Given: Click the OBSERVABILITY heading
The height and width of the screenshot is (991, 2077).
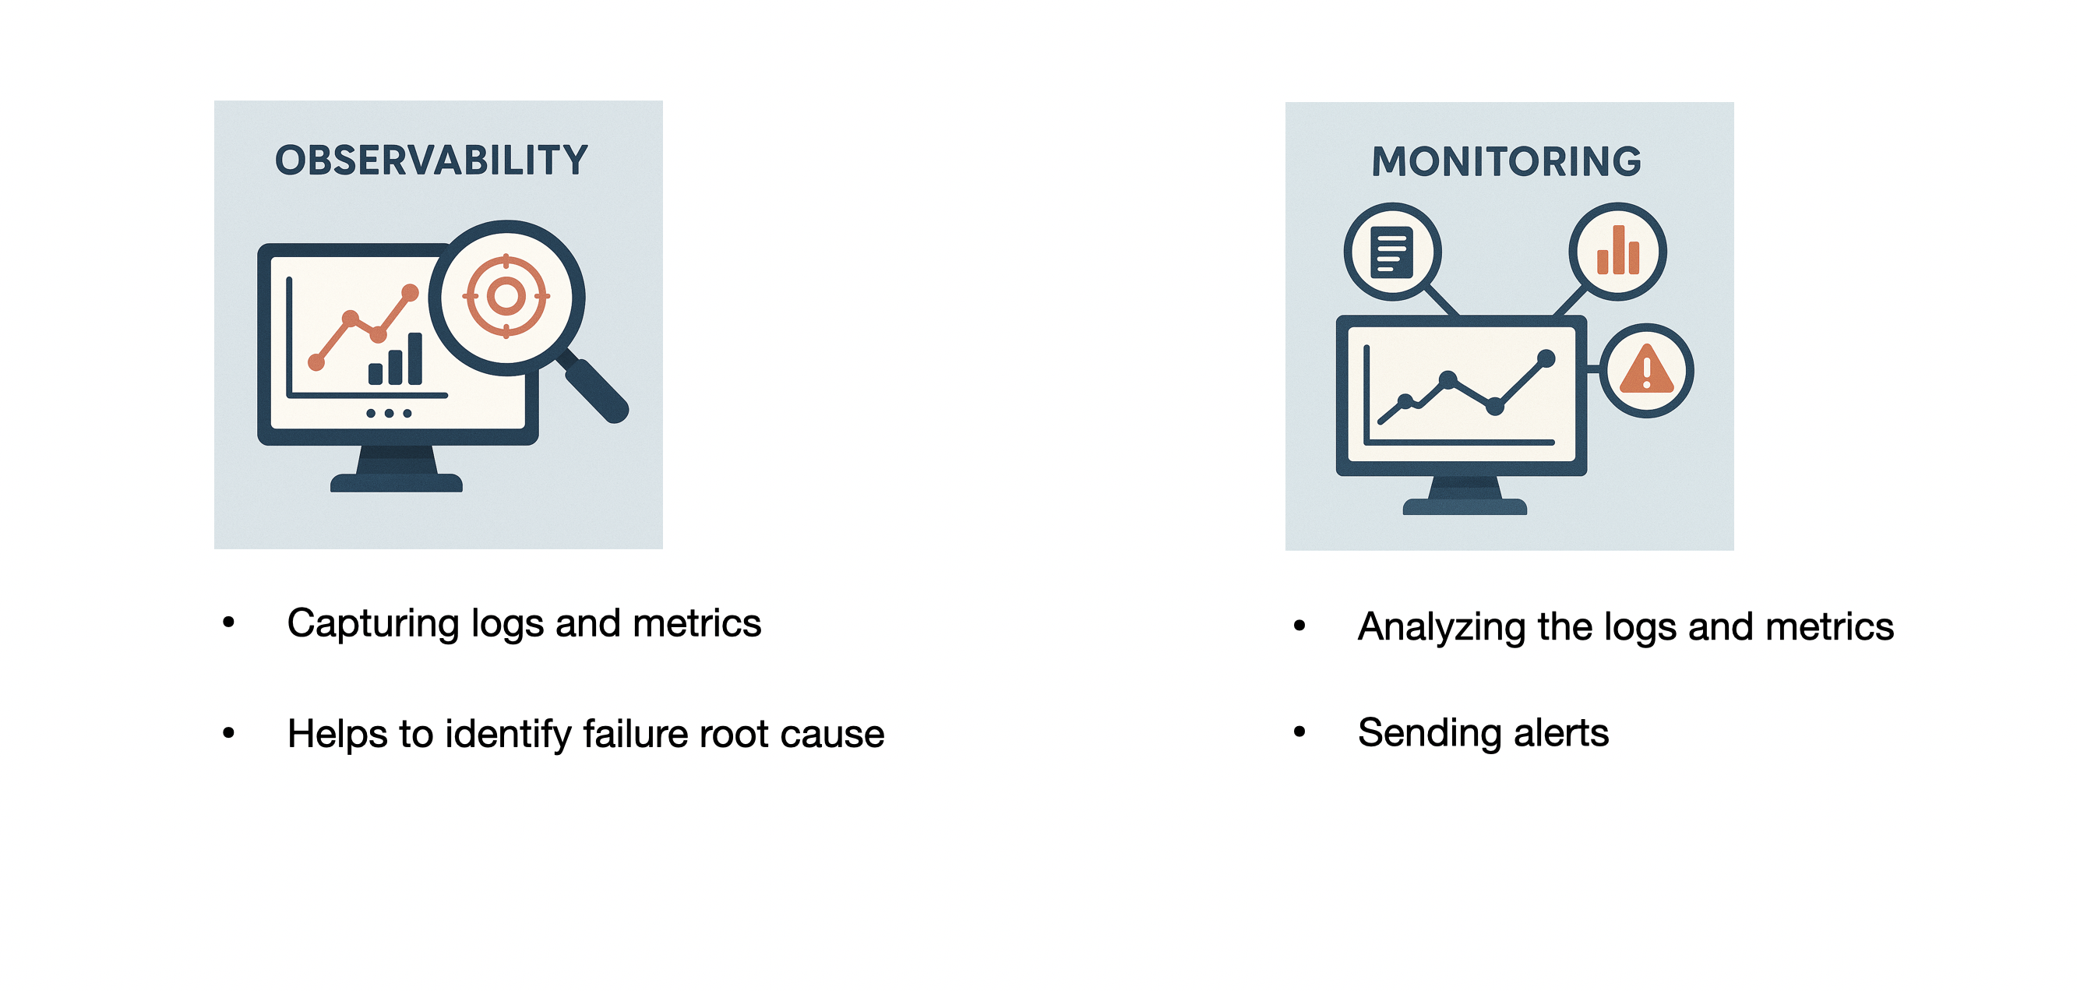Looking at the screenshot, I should pyautogui.click(x=432, y=160).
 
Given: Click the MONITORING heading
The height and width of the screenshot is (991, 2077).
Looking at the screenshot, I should pyautogui.click(x=1506, y=162).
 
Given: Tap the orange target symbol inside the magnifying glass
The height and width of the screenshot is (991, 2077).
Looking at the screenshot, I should pyautogui.click(x=506, y=296).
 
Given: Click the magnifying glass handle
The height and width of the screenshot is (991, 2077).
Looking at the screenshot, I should pyautogui.click(x=596, y=390).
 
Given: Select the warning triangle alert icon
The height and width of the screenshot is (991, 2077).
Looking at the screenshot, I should pyautogui.click(x=1646, y=371).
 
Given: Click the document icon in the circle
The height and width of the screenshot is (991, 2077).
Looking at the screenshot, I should pyautogui.click(x=1391, y=252).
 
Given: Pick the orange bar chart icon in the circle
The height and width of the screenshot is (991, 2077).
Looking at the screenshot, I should pyautogui.click(x=1617, y=252).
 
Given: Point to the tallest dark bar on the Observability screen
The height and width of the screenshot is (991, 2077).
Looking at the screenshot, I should pyautogui.click(x=415, y=359).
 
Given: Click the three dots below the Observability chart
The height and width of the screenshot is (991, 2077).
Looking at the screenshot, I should pyautogui.click(x=389, y=414).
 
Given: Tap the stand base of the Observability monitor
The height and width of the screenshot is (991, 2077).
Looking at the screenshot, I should pyautogui.click(x=397, y=483).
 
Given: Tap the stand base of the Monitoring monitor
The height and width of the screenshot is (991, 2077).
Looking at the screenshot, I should pyautogui.click(x=1465, y=506).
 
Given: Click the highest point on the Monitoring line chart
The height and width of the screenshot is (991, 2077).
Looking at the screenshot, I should pyautogui.click(x=1546, y=358).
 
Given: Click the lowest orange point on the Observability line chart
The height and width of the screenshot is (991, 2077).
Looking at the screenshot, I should pyautogui.click(x=316, y=364).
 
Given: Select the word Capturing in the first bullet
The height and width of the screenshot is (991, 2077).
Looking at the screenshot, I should pyautogui.click(x=372, y=624).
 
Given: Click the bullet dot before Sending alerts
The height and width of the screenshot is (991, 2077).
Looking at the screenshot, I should pyautogui.click(x=1299, y=732).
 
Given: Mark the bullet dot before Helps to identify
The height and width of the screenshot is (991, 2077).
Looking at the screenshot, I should pyautogui.click(x=229, y=733).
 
